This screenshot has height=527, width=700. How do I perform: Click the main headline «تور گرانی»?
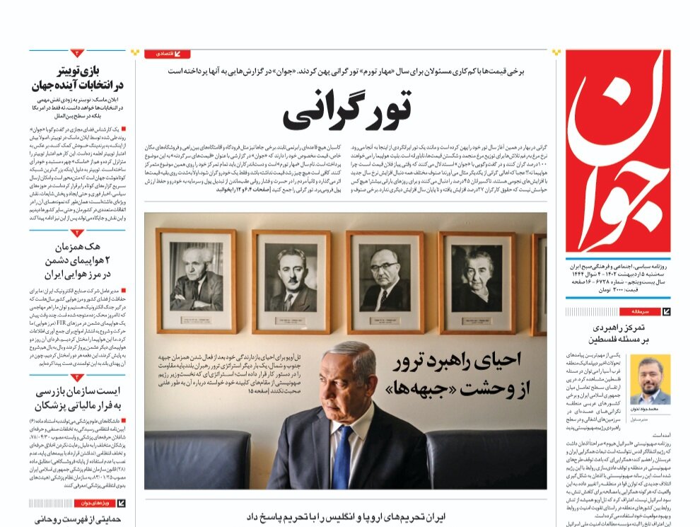coord(347,110)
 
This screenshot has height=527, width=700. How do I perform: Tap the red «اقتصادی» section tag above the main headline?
coord(168,54)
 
